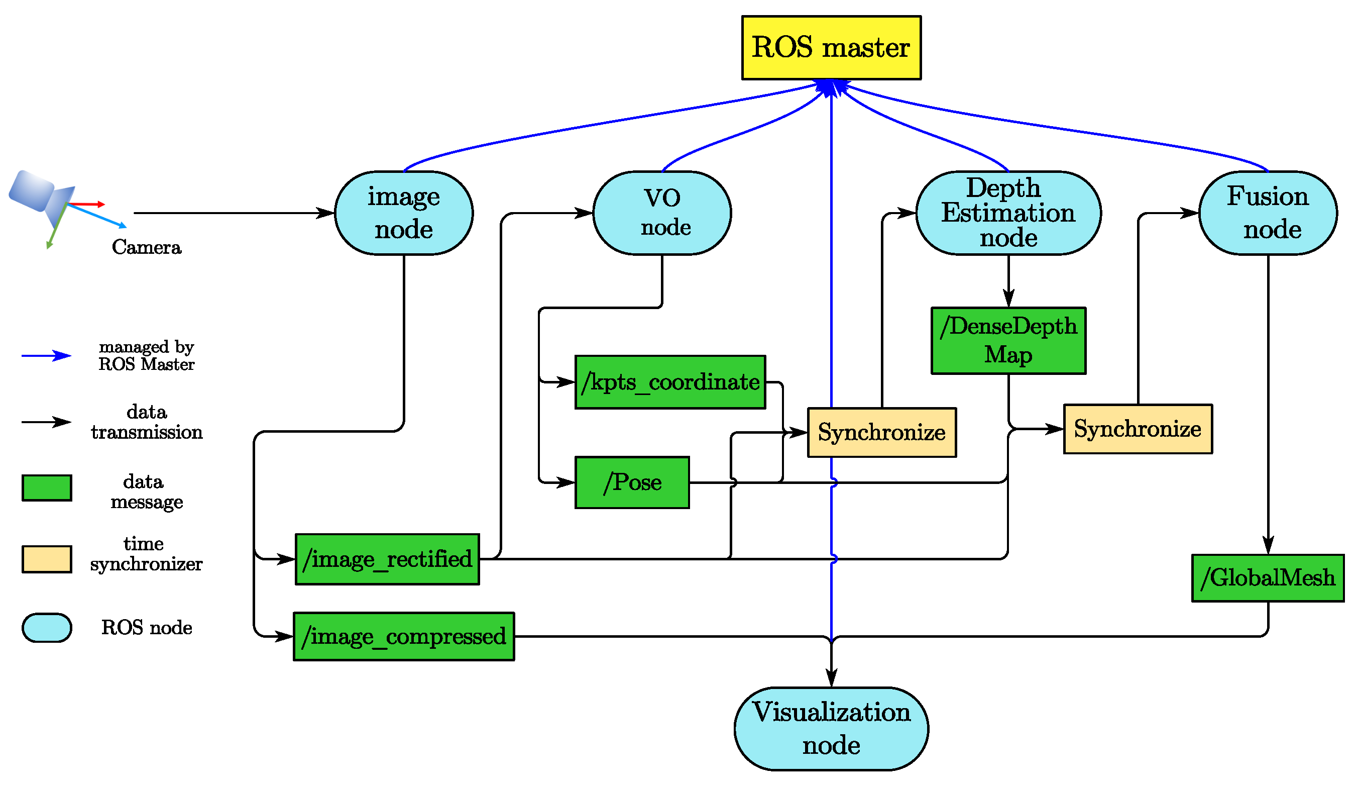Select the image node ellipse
tap(404, 213)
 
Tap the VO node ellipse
tap(662, 213)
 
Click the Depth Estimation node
tap(1008, 213)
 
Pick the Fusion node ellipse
tap(1268, 213)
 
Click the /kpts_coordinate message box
tap(670, 382)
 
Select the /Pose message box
tap(632, 482)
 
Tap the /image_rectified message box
tap(387, 559)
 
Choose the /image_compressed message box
tap(404, 636)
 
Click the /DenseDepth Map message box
tap(1008, 340)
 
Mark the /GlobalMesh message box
tap(1268, 578)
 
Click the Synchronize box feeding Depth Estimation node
tap(881, 433)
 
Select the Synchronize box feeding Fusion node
tap(1138, 429)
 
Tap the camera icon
tap(43, 200)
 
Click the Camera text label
tap(147, 247)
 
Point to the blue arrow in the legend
tap(46, 355)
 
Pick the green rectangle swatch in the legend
tap(47, 487)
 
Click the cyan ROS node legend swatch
tap(47, 628)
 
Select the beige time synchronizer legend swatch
tap(47, 559)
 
